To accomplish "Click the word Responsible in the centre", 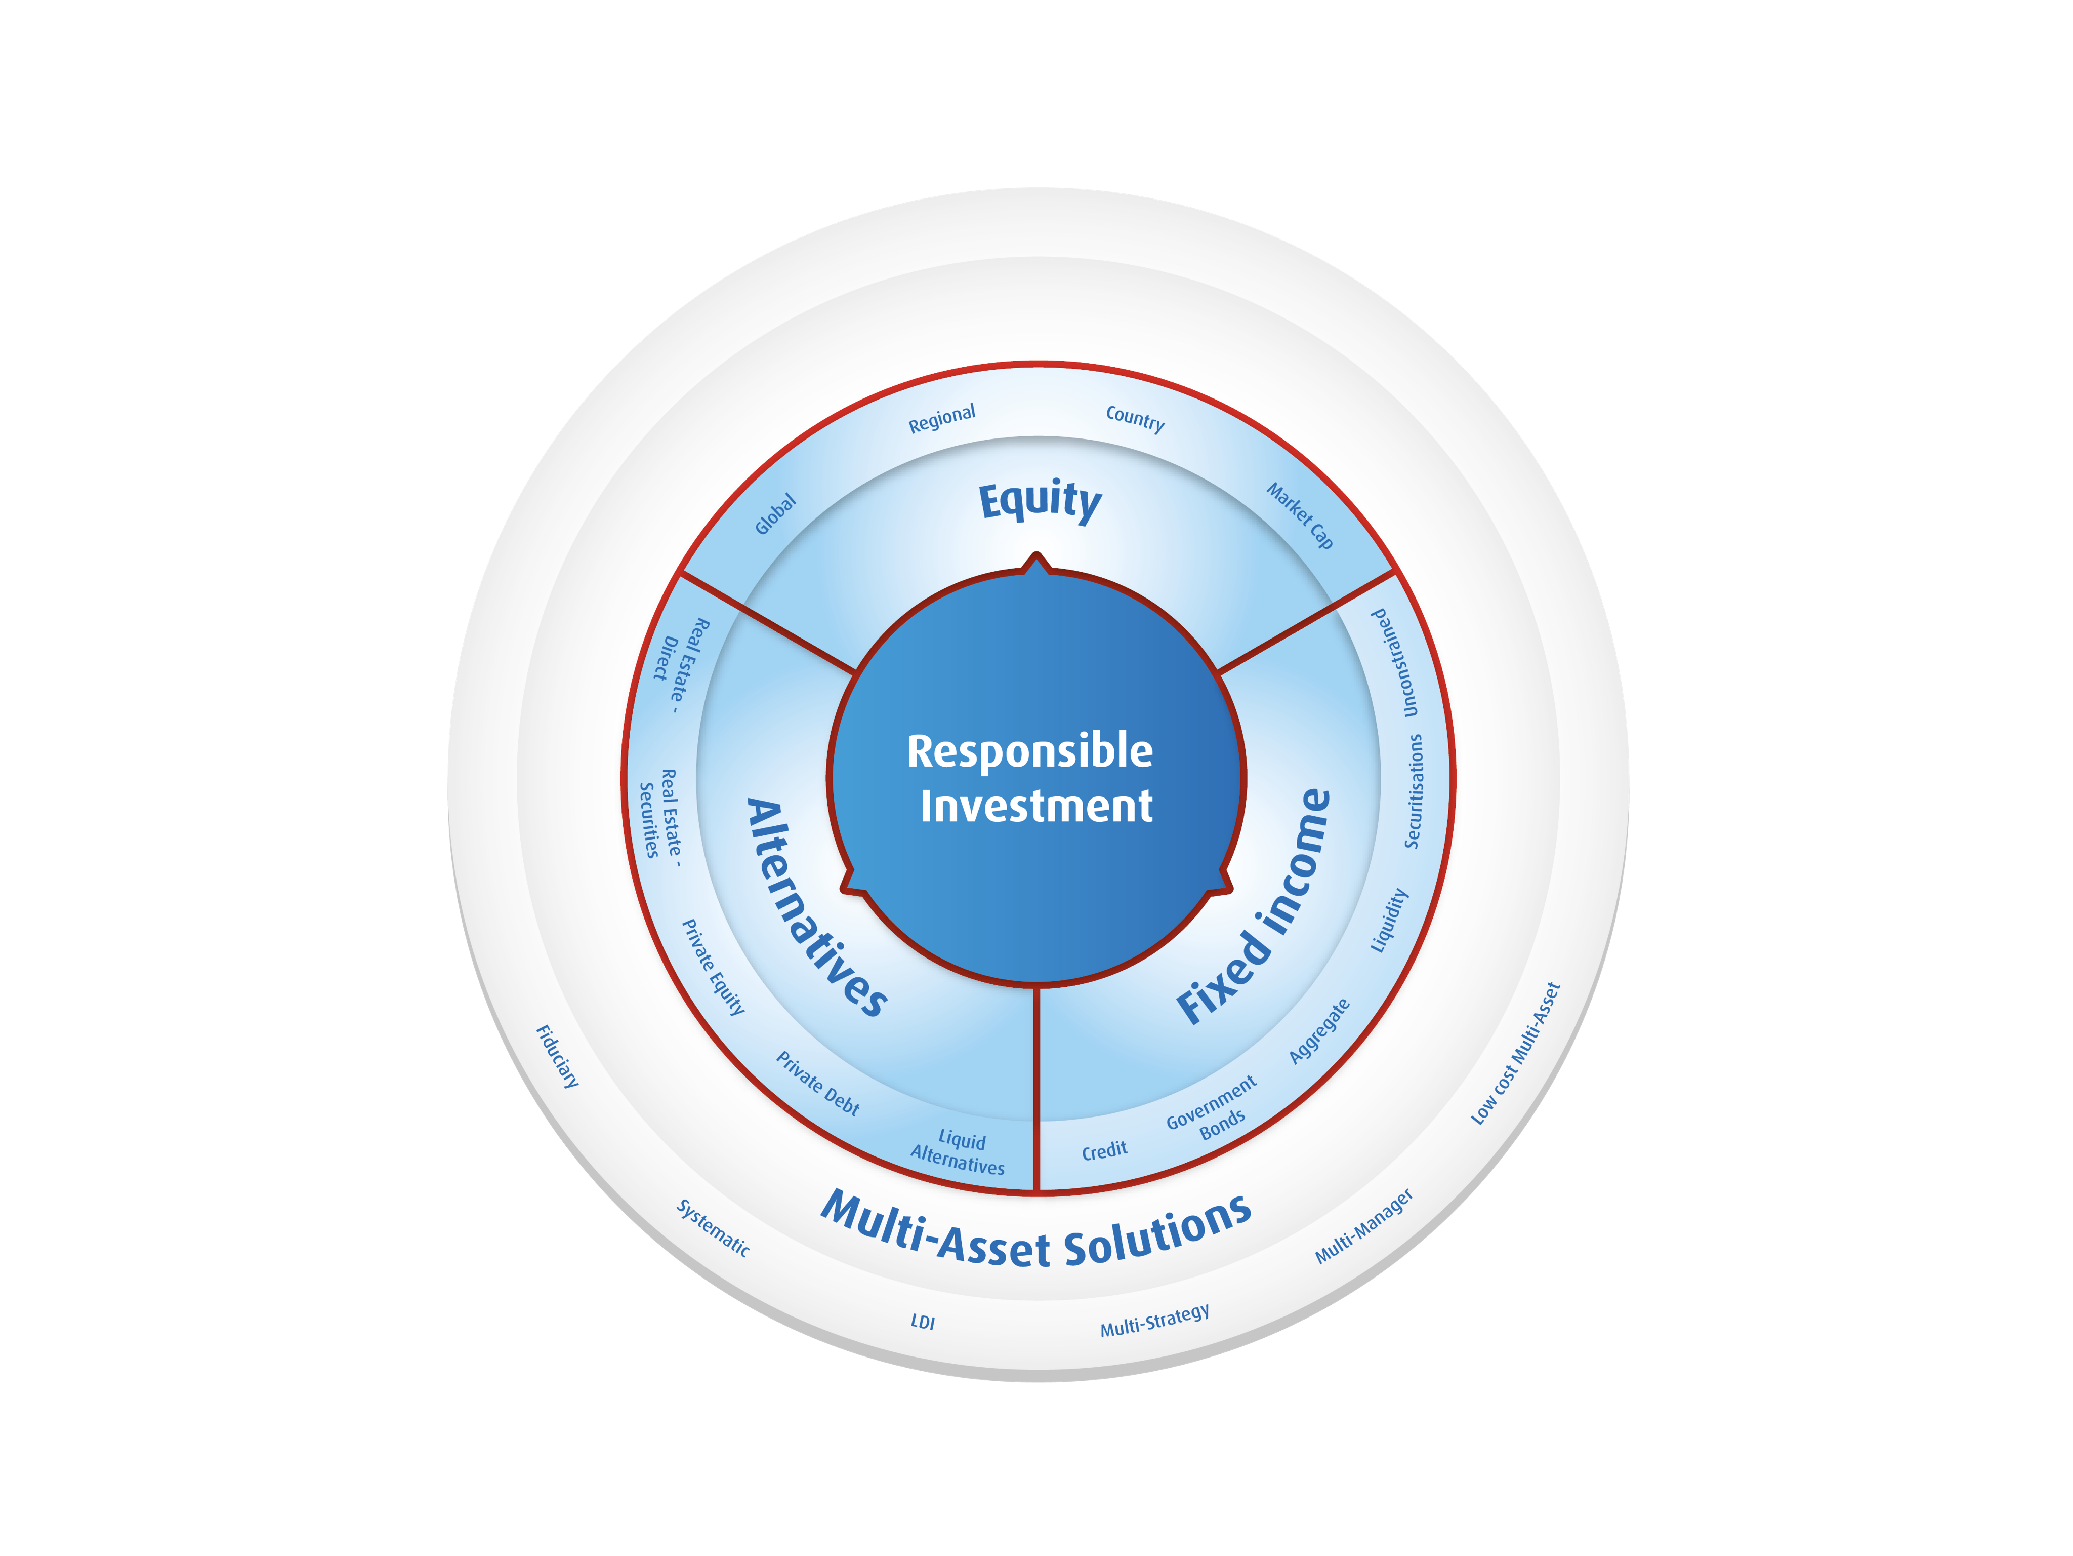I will [x=1030, y=752].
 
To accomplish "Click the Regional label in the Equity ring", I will [x=942, y=419].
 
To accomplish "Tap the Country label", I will [x=1135, y=418].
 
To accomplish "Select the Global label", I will [x=776, y=513].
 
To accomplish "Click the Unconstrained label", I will [x=1395, y=663].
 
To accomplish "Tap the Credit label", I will [x=1104, y=1150].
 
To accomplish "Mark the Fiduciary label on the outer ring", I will [x=557, y=1056].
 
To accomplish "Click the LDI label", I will [x=923, y=1322].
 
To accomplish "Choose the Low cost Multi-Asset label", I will [x=1515, y=1053].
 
